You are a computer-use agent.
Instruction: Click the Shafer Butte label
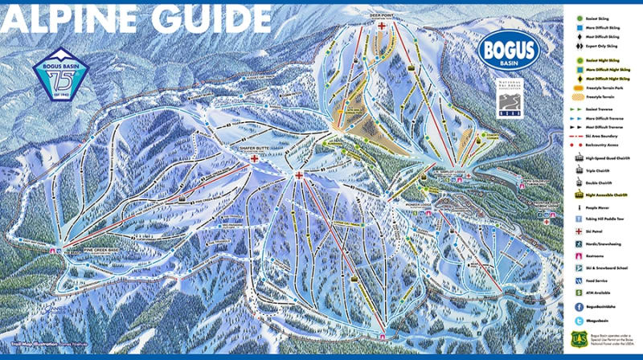click(x=255, y=149)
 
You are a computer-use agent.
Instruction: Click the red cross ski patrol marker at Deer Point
click(x=383, y=26)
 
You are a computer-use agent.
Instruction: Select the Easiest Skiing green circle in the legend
click(x=579, y=16)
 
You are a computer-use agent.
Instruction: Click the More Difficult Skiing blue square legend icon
click(x=579, y=27)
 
